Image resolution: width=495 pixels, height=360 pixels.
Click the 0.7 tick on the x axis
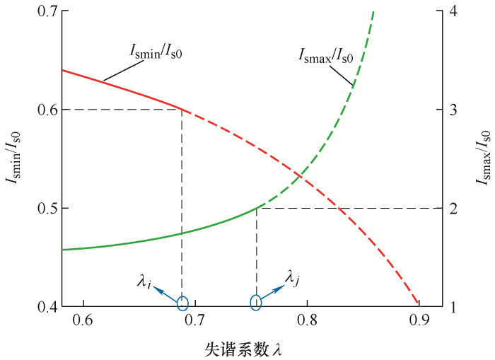[195, 322]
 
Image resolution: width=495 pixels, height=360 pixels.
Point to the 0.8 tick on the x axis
[308, 322]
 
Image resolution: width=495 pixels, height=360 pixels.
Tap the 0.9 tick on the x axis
[419, 322]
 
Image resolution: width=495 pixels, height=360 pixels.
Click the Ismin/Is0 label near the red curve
[156, 50]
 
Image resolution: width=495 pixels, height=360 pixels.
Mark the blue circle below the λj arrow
[256, 303]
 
